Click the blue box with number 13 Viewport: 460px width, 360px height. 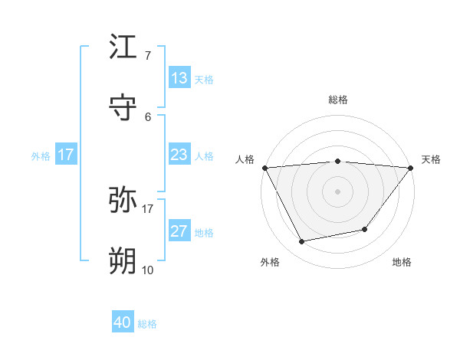click(179, 78)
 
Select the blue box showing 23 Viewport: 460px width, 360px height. click(179, 155)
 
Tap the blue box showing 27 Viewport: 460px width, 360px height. click(179, 231)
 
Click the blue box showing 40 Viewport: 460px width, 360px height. click(123, 322)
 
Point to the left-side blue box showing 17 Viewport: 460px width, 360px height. click(66, 155)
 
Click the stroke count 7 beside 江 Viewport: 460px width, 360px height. click(147, 55)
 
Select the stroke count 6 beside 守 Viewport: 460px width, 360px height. click(147, 116)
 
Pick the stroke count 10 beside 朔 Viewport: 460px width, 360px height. click(148, 270)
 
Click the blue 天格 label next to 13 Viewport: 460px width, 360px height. click(204, 79)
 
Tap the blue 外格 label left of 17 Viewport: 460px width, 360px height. click(41, 155)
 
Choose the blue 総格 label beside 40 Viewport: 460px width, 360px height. click(147, 323)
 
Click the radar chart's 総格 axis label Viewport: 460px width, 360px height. click(337, 100)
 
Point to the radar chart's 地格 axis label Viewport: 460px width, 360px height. click(402, 262)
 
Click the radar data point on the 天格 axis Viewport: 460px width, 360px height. click(411, 168)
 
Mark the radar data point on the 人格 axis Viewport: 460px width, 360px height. click(264, 168)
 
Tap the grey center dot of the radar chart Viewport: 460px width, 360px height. click(337, 191)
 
